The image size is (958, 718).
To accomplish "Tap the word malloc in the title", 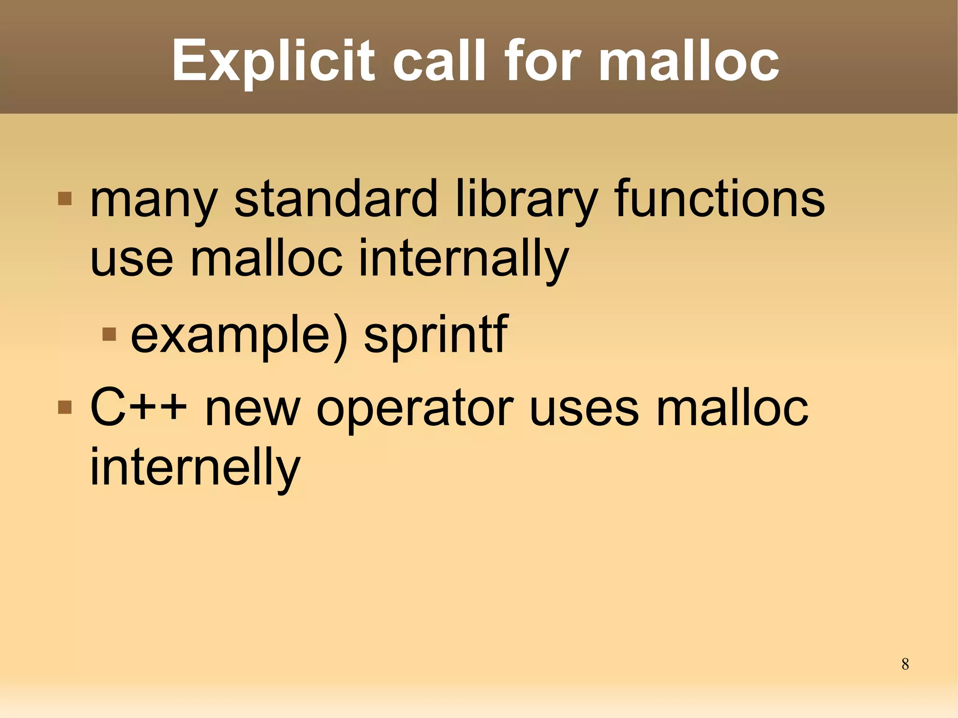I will [x=689, y=60].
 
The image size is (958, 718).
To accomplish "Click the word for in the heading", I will [x=542, y=60].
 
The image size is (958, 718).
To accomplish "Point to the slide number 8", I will [x=905, y=664].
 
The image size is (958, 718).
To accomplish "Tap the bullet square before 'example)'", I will [x=109, y=334].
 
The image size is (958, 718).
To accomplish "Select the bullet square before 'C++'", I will [x=65, y=407].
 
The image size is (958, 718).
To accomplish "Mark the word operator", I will [x=415, y=409].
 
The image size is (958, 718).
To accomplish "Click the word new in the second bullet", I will [x=252, y=409].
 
